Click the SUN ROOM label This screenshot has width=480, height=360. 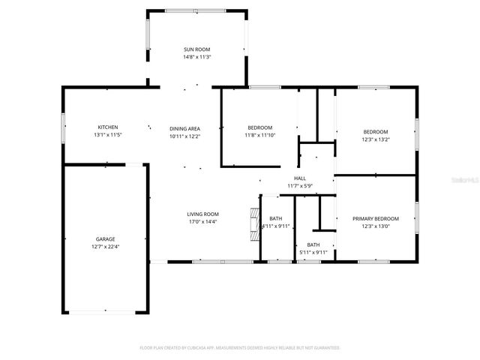(x=197, y=49)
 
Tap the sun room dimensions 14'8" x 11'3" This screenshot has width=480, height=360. (x=197, y=57)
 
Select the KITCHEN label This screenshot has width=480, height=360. (x=107, y=127)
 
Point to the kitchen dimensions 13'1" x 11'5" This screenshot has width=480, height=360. (x=107, y=135)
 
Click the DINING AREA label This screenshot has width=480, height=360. (x=184, y=128)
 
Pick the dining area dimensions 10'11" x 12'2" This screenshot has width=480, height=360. (x=184, y=136)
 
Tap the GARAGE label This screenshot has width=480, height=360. (x=105, y=238)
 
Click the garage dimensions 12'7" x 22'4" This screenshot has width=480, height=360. (x=105, y=247)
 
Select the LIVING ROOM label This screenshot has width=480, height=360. (x=202, y=214)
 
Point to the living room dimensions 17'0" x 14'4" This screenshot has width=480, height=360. (x=202, y=222)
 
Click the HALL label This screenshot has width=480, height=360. (x=299, y=178)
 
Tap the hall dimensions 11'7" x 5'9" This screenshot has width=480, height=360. (x=299, y=186)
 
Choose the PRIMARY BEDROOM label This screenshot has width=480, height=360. (x=376, y=218)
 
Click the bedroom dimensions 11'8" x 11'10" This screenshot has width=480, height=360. (x=260, y=135)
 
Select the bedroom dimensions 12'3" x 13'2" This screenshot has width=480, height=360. (x=376, y=139)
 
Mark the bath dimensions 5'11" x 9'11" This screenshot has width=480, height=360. (x=313, y=253)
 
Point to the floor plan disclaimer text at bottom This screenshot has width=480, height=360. (x=240, y=348)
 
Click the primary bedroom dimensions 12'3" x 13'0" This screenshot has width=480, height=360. (x=376, y=226)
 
